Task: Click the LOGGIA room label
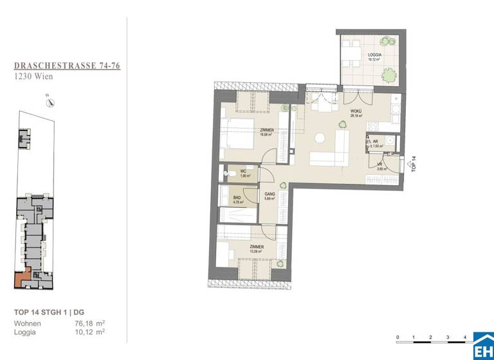pos(375,55)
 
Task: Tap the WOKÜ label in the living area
pos(356,112)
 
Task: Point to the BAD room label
pos(237,199)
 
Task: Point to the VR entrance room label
pos(380,165)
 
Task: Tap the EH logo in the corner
pos(483,346)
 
